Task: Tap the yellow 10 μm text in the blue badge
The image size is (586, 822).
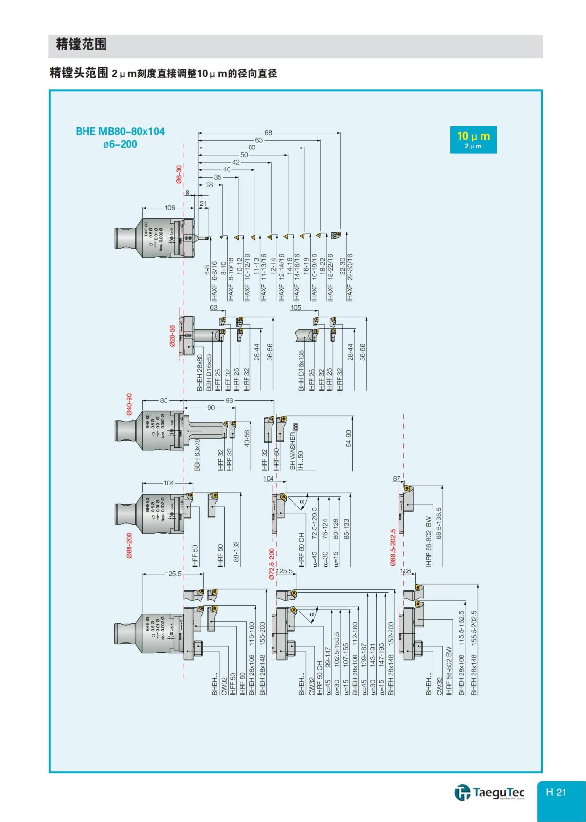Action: coord(473,136)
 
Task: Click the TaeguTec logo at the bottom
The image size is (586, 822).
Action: coord(489,792)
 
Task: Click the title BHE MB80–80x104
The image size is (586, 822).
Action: coord(120,132)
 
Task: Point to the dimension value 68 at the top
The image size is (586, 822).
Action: coord(268,132)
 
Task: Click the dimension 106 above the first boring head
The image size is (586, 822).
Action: coord(169,208)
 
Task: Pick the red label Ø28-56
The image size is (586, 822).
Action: coord(172,336)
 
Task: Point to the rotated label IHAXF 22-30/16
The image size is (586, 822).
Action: coord(349,277)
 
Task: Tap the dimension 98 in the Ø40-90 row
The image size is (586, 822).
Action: coord(230,400)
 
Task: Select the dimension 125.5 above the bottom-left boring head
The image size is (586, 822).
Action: coord(173,574)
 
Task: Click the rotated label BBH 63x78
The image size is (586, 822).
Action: coord(198,455)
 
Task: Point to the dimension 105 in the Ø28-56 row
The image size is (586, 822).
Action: coord(296,308)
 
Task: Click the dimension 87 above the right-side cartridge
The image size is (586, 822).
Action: coord(397,479)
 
